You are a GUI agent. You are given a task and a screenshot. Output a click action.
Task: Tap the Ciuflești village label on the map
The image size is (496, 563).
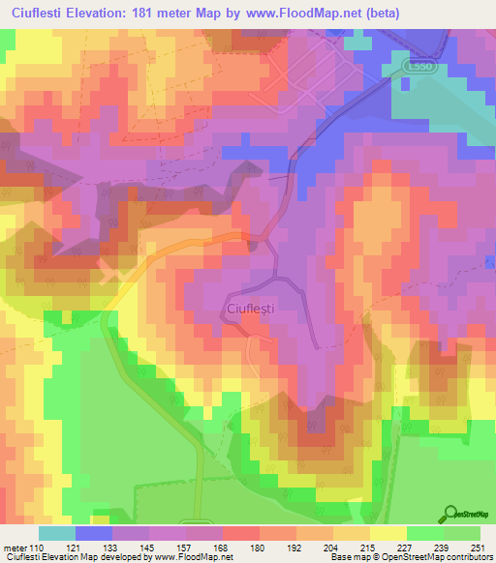pos(254,308)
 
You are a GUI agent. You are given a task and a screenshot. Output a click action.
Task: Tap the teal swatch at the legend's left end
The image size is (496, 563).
pos(56,533)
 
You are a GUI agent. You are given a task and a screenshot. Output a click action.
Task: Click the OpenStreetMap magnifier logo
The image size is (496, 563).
pos(450,514)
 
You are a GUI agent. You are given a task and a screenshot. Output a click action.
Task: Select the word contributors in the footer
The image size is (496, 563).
pos(468,557)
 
